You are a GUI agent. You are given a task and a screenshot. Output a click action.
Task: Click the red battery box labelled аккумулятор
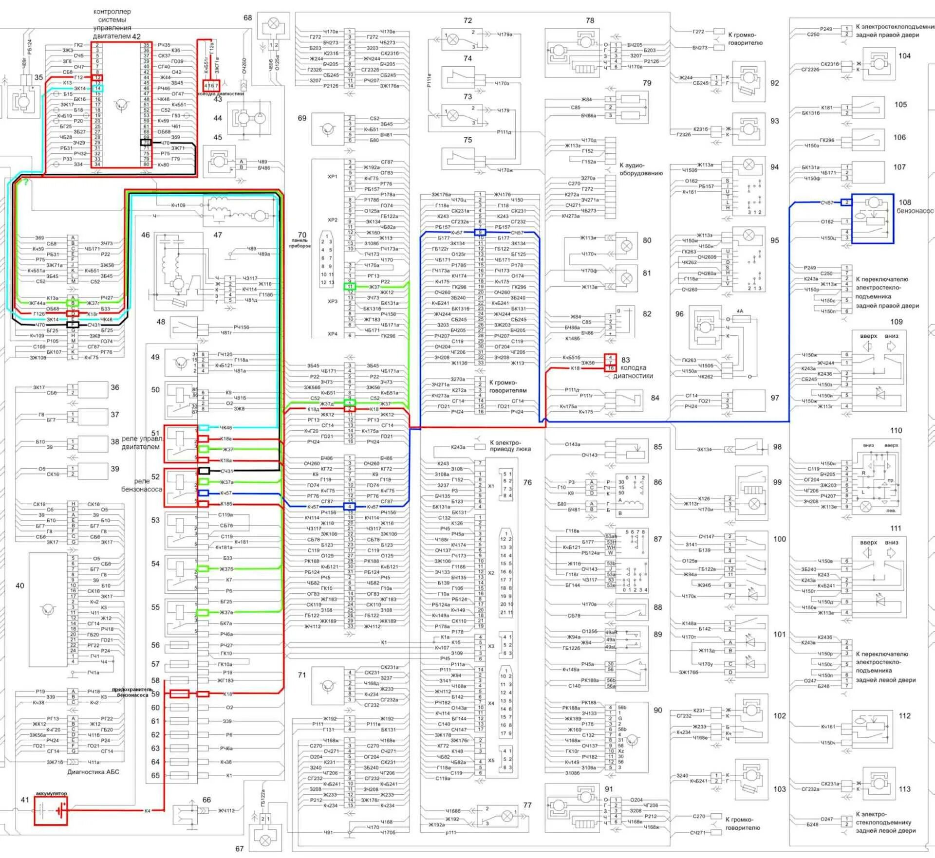(51, 810)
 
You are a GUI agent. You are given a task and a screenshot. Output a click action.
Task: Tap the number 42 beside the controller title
(136, 37)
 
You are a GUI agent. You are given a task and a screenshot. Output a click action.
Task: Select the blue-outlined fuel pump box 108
(873, 219)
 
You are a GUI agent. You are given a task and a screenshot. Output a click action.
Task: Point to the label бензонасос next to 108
(916, 211)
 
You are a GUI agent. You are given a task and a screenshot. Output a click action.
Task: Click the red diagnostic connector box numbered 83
(610, 363)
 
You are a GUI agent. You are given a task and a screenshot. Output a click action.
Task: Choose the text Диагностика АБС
(93, 772)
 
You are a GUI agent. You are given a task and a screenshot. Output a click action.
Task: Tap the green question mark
(26, 183)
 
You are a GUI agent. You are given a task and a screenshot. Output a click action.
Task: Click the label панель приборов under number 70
(300, 243)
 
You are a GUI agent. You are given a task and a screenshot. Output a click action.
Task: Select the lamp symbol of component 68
(274, 23)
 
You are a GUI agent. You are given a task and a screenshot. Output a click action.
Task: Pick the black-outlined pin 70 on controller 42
(146, 143)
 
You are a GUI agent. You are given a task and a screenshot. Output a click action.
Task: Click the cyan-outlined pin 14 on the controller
(98, 89)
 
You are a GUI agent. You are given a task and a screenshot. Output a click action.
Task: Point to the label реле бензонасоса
(141, 485)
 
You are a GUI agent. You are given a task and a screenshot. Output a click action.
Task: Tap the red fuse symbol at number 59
(179, 694)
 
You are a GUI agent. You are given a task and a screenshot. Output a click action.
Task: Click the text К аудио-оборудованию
(640, 169)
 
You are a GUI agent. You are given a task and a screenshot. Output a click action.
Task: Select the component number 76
(527, 482)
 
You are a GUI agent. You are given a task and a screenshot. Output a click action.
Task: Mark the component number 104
(904, 56)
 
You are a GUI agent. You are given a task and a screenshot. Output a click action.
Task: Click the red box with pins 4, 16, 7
(211, 86)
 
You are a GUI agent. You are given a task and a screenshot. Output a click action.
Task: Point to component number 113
(904, 789)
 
